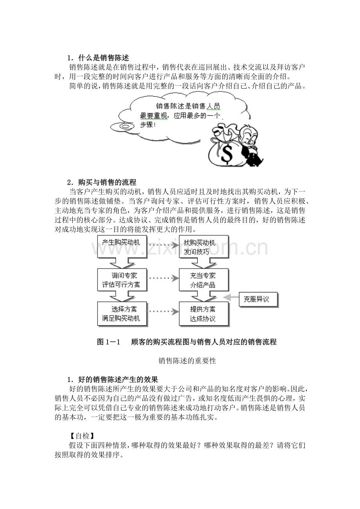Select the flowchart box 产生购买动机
pyautogui.click(x=121, y=243)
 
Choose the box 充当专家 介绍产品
pyautogui.click(x=203, y=280)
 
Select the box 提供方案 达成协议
pyautogui.click(x=203, y=314)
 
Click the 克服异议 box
pyautogui.click(x=259, y=299)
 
